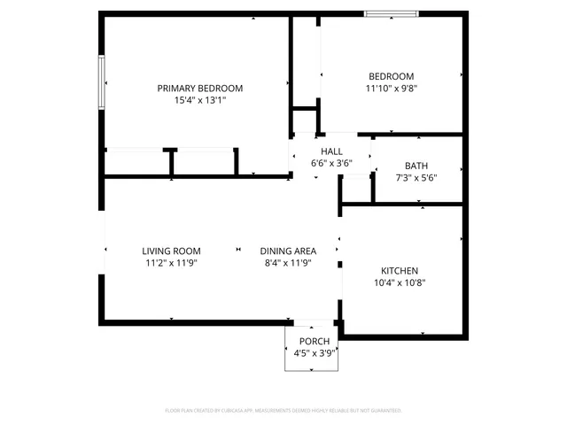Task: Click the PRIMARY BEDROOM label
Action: pyautogui.click(x=199, y=89)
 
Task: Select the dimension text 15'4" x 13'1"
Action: pyautogui.click(x=199, y=101)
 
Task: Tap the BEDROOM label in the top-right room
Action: pyautogui.click(x=391, y=76)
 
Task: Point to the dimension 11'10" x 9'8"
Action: pyautogui.click(x=391, y=89)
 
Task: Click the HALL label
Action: pyautogui.click(x=331, y=151)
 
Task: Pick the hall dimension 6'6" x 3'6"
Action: pyautogui.click(x=331, y=164)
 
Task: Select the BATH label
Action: pyautogui.click(x=416, y=166)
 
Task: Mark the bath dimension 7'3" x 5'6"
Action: pyautogui.click(x=416, y=178)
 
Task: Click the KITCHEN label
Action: pyautogui.click(x=400, y=271)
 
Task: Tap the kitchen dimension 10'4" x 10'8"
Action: pyautogui.click(x=400, y=283)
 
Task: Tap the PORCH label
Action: pyautogui.click(x=314, y=342)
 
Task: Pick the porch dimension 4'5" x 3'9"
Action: pyautogui.click(x=314, y=354)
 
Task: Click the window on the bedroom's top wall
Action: pyautogui.click(x=392, y=14)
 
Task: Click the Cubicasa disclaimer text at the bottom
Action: pyautogui.click(x=283, y=411)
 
